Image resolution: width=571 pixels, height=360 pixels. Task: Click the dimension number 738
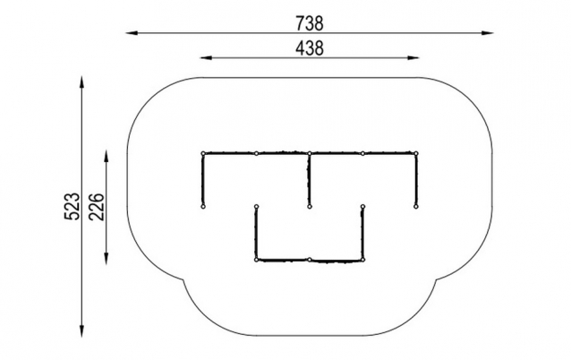coord(309,23)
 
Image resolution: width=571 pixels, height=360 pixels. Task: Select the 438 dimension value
coord(309,48)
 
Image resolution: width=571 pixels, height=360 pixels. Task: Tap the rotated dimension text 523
coord(72,206)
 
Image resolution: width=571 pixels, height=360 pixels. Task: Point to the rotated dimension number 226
coord(97,207)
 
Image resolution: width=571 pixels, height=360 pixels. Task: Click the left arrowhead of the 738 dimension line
coord(132,33)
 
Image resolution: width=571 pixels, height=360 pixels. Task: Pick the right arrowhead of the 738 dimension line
coord(487,33)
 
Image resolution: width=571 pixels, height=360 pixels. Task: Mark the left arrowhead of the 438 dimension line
coord(206,57)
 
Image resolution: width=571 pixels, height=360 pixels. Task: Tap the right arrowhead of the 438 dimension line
coord(413,57)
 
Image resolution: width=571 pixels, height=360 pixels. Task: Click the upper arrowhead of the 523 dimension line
coord(81,82)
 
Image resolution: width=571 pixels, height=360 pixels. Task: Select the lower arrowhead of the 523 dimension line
coord(81,330)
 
